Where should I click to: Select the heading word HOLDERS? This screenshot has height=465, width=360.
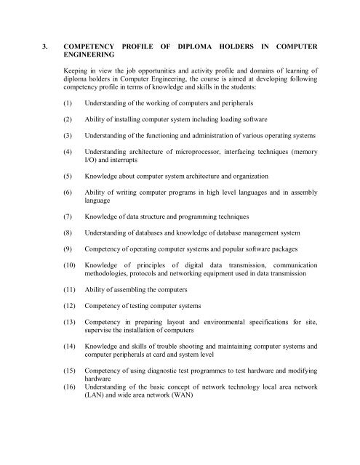(x=250, y=46)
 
